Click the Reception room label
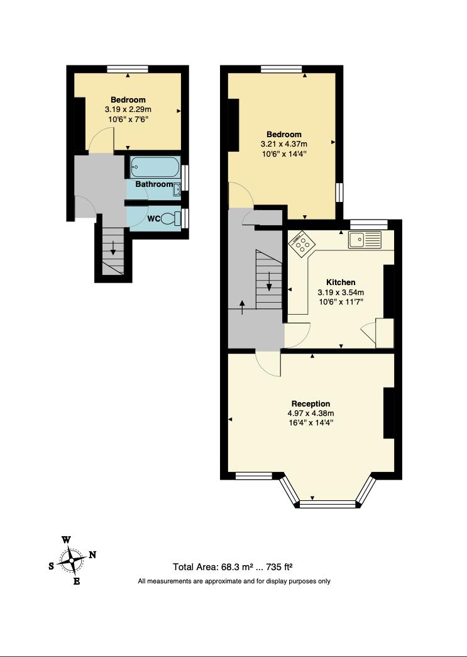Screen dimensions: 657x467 coord(310,403)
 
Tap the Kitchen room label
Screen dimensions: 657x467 coord(341,283)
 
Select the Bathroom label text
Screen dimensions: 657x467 coord(154,184)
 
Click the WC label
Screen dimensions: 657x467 coord(154,219)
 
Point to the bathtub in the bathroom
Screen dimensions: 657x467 coord(155,168)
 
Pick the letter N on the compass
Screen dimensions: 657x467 coord(92,554)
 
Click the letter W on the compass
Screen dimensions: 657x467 coord(66,540)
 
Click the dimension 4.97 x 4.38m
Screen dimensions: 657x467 coord(310,413)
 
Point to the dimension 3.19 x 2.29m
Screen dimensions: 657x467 coord(128,109)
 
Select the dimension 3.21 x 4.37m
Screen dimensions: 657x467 coord(284,144)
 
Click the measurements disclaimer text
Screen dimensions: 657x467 coord(234,581)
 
